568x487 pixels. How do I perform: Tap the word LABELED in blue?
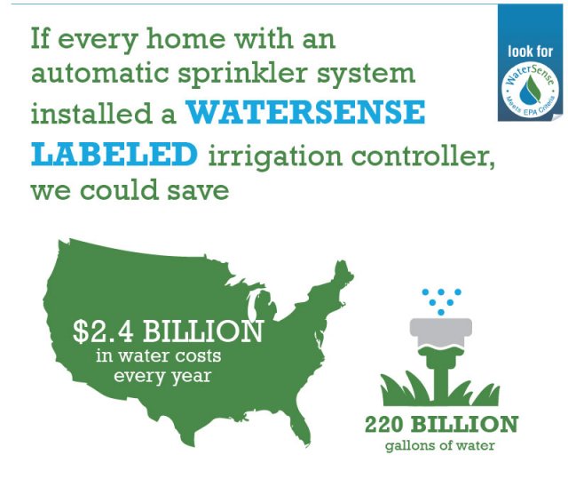coord(114,154)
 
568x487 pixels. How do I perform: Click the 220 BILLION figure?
coord(441,423)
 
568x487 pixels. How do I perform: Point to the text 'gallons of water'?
coord(441,445)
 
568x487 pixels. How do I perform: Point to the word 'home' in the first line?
coord(187,39)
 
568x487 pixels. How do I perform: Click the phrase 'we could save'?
coord(116,192)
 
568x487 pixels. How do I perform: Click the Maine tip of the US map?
coord(340,267)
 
